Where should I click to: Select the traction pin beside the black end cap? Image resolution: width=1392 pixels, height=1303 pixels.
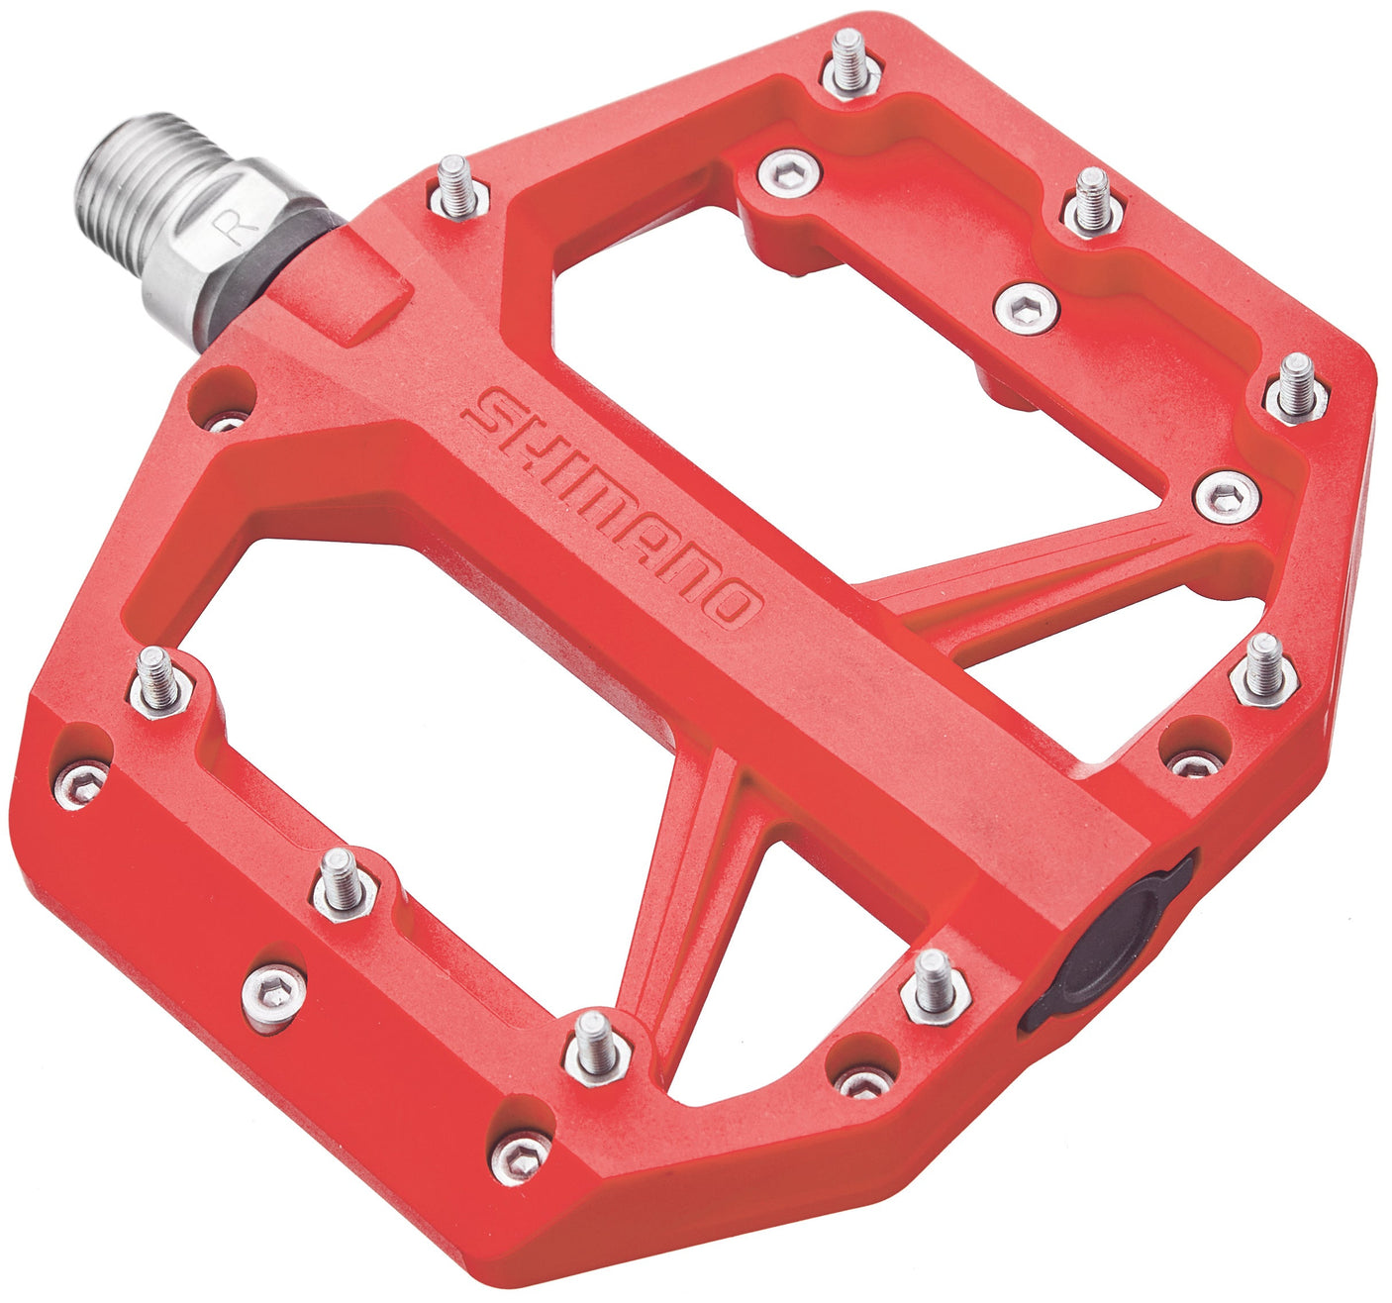point(933,981)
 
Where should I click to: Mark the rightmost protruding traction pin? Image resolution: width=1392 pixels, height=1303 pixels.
point(1296,387)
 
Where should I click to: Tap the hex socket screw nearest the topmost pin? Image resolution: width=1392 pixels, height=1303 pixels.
point(790,173)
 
